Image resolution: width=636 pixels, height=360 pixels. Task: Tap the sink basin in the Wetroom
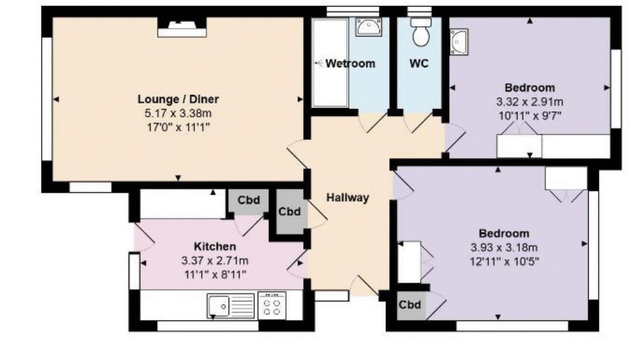pyautogui.click(x=368, y=27)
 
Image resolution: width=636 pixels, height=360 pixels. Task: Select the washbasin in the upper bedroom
pyautogui.click(x=459, y=41)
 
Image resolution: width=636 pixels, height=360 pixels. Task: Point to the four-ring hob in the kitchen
pyautogui.click(x=272, y=305)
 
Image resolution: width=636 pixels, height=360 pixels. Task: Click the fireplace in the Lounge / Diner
pyautogui.click(x=182, y=28)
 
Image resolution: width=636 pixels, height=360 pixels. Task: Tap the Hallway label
pyautogui.click(x=347, y=198)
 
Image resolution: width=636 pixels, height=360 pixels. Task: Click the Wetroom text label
pyautogui.click(x=350, y=63)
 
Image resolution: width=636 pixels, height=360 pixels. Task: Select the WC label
pyautogui.click(x=419, y=63)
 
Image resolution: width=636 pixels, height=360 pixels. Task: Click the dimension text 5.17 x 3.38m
pyautogui.click(x=178, y=113)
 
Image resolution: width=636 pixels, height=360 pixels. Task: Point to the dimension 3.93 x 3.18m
pyautogui.click(x=504, y=247)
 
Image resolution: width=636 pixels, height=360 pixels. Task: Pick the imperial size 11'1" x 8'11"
pyautogui.click(x=215, y=275)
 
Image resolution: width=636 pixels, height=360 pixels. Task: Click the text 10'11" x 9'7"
pyautogui.click(x=530, y=116)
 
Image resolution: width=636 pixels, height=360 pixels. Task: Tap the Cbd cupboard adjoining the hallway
pyautogui.click(x=289, y=212)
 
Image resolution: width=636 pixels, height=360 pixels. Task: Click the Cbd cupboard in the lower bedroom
pyautogui.click(x=410, y=305)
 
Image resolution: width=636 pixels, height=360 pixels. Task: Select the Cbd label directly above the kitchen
pyautogui.click(x=249, y=200)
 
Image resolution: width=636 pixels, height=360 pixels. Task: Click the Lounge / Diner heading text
pyautogui.click(x=178, y=99)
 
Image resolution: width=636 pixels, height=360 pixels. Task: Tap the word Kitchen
pyautogui.click(x=215, y=246)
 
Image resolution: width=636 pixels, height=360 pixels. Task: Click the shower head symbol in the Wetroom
pyautogui.click(x=319, y=63)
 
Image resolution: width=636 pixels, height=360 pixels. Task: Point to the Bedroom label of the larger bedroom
pyautogui.click(x=504, y=233)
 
